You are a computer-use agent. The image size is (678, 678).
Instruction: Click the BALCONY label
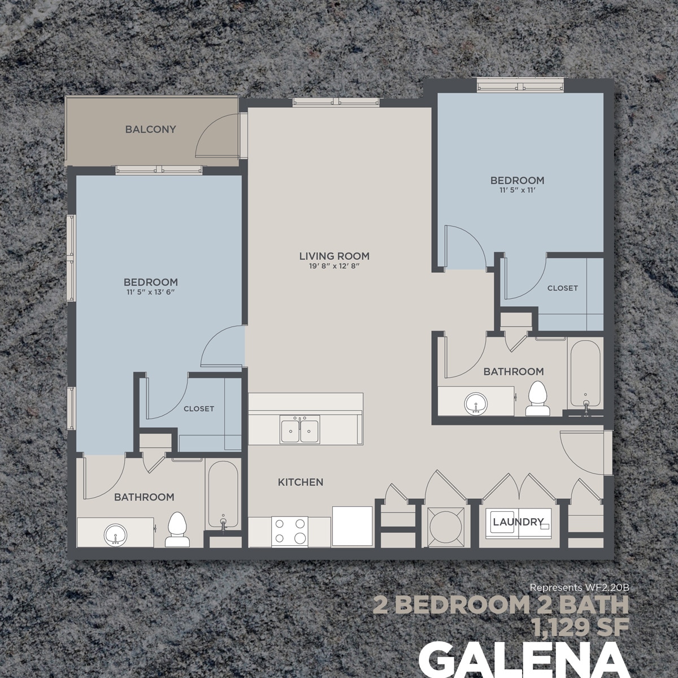(x=150, y=129)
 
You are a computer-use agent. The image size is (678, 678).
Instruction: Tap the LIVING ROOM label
(x=334, y=257)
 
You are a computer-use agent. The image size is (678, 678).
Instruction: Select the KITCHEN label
(x=300, y=483)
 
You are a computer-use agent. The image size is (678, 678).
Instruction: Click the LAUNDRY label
(x=518, y=522)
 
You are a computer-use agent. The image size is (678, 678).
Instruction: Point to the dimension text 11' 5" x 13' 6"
(x=151, y=293)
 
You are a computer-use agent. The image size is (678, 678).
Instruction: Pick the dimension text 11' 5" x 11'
(x=517, y=191)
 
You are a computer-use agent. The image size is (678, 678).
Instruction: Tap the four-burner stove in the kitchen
(x=289, y=531)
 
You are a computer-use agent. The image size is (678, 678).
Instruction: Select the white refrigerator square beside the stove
(x=352, y=526)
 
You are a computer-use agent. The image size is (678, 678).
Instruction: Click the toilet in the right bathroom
(x=537, y=399)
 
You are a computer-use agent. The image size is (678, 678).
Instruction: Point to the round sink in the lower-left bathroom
(x=115, y=533)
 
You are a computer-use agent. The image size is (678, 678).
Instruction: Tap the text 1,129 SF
(x=581, y=625)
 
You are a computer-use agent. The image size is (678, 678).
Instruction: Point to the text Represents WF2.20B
(x=579, y=588)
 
